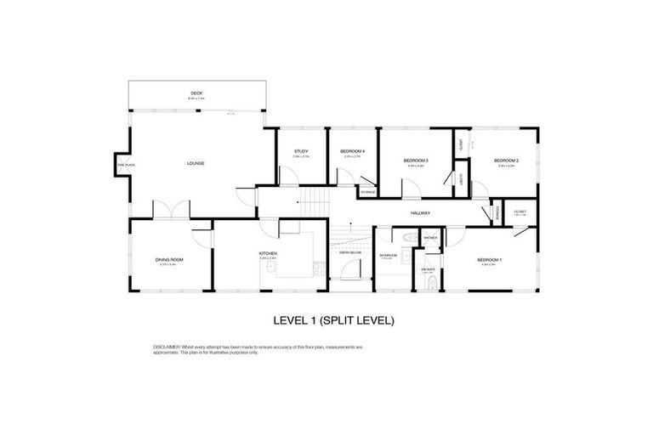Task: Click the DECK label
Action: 196,93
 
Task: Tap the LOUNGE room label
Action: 196,163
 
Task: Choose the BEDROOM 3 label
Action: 416,160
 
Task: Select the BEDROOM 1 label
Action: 489,259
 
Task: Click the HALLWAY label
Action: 420,212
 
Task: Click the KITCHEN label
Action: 269,253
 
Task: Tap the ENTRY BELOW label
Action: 349,252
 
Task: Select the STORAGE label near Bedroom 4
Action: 367,193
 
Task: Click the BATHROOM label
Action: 389,255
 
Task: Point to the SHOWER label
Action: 430,238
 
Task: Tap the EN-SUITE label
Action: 428,269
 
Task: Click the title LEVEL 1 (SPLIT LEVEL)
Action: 333,320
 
